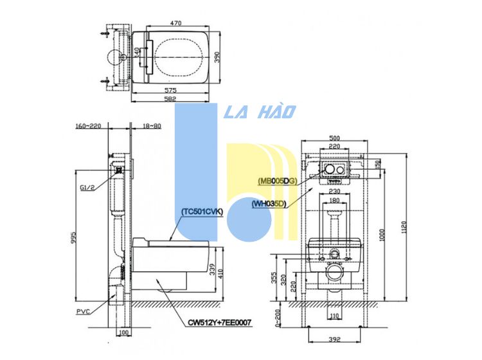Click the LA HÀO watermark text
pyautogui.click(x=260, y=113)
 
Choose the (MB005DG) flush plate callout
pyautogui.click(x=276, y=181)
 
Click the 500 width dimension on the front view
pyautogui.click(x=333, y=138)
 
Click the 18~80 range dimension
pyautogui.click(x=153, y=126)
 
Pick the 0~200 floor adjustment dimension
pyautogui.click(x=277, y=315)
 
